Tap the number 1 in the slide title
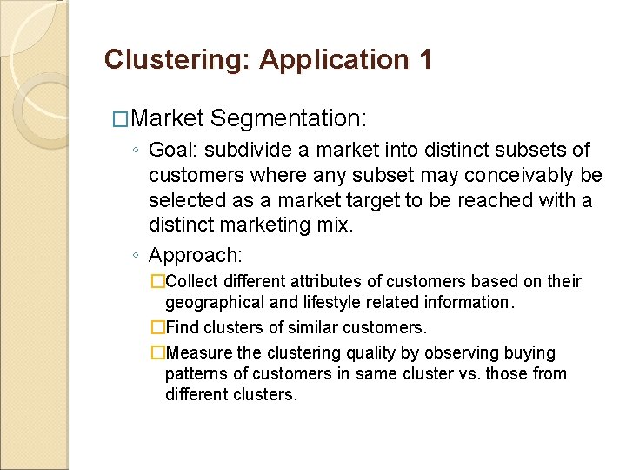[x=424, y=60]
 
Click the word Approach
[x=195, y=255]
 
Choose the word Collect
[x=192, y=282]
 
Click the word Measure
[x=199, y=353]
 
